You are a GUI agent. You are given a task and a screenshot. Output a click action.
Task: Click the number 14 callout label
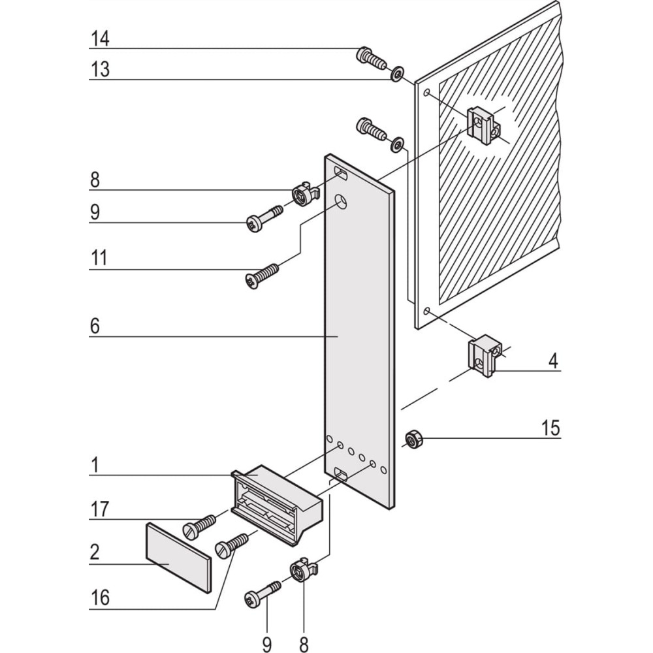100,39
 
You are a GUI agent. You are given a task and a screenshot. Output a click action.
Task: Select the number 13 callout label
100,69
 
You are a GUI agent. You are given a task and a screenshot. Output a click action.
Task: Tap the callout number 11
99,259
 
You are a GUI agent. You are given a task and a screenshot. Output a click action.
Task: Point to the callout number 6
95,326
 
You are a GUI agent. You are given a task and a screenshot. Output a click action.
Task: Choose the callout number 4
553,361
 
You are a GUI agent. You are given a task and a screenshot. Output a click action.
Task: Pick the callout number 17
100,509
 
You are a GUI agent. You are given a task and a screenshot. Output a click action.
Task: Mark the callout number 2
95,552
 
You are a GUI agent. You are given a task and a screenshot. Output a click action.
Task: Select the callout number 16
100,597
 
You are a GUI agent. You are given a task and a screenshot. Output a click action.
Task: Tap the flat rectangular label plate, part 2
178,557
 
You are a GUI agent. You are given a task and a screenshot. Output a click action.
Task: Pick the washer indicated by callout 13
396,73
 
